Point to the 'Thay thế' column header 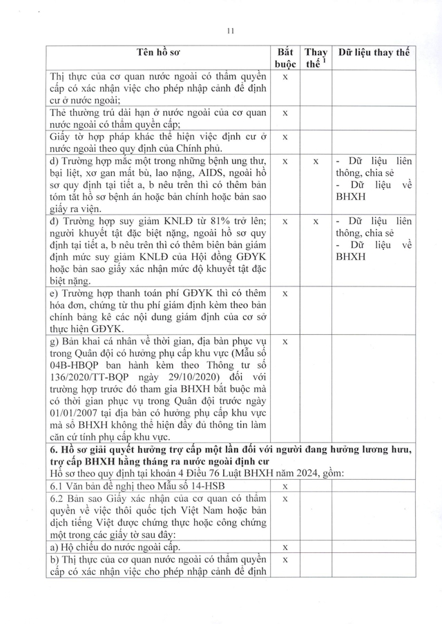click(316, 59)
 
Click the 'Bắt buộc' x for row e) click(285, 293)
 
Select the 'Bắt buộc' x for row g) click(285, 341)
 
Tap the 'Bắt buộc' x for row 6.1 click(285, 487)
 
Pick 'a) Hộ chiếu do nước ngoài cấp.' click(117, 547)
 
